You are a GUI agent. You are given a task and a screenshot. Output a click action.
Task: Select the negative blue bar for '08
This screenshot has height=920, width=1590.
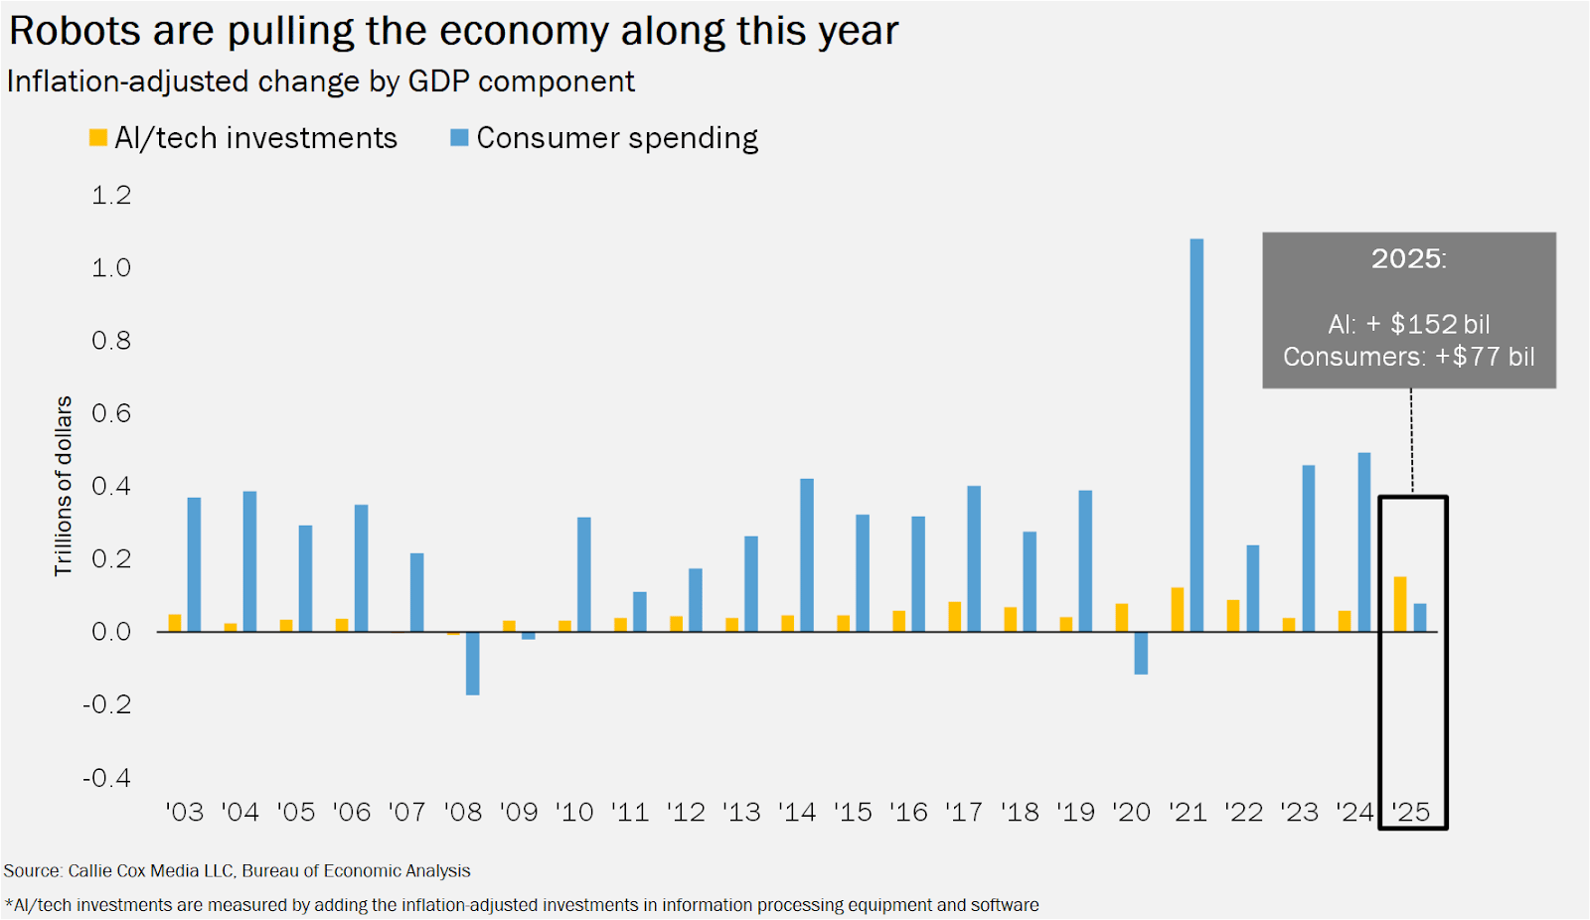coord(473,663)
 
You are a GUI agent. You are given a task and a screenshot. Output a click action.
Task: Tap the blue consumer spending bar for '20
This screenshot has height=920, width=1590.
coord(1141,653)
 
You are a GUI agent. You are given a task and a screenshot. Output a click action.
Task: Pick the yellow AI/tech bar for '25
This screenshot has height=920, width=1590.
coord(1400,604)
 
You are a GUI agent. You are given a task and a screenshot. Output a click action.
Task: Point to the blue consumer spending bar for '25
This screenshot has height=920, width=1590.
coord(1420,617)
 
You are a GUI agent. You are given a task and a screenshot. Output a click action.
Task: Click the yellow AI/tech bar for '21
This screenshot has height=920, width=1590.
coord(1178,609)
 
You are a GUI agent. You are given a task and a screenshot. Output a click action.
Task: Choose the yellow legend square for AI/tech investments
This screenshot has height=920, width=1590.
coord(97,138)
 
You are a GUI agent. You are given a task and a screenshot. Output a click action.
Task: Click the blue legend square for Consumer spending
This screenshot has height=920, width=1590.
coord(459,138)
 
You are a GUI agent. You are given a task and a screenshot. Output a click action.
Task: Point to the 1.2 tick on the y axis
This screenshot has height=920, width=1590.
coord(111,195)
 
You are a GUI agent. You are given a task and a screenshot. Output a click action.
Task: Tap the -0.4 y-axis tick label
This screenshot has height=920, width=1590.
coord(106,777)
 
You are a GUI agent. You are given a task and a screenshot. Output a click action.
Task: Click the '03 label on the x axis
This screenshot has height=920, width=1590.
coord(185,812)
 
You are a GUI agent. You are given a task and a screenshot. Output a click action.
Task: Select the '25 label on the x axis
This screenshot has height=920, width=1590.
coord(1411,812)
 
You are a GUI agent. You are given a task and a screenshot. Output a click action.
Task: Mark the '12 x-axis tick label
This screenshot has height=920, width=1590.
coord(686,812)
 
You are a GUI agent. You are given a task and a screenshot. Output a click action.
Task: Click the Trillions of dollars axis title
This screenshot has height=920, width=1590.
coord(64,486)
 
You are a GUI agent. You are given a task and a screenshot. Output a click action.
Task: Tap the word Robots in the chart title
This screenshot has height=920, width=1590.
coord(75,31)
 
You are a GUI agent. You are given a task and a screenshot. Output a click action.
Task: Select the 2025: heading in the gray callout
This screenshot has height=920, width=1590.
coord(1408,259)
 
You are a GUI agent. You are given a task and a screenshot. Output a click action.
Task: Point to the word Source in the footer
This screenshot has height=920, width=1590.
coord(32,871)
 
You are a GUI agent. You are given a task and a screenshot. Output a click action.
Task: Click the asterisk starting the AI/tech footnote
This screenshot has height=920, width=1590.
coord(9,904)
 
